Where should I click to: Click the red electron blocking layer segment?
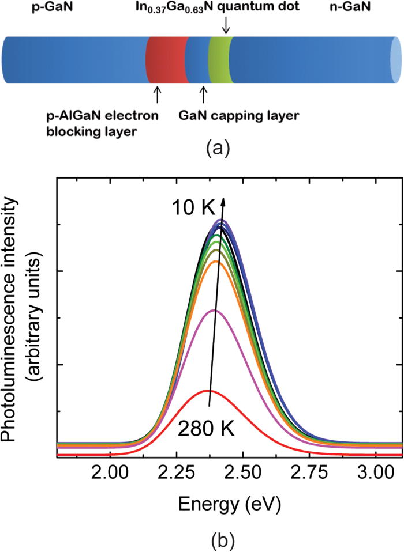166,60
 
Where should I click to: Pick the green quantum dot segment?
220,60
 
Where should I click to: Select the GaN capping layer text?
256,116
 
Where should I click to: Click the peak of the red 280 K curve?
208,391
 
